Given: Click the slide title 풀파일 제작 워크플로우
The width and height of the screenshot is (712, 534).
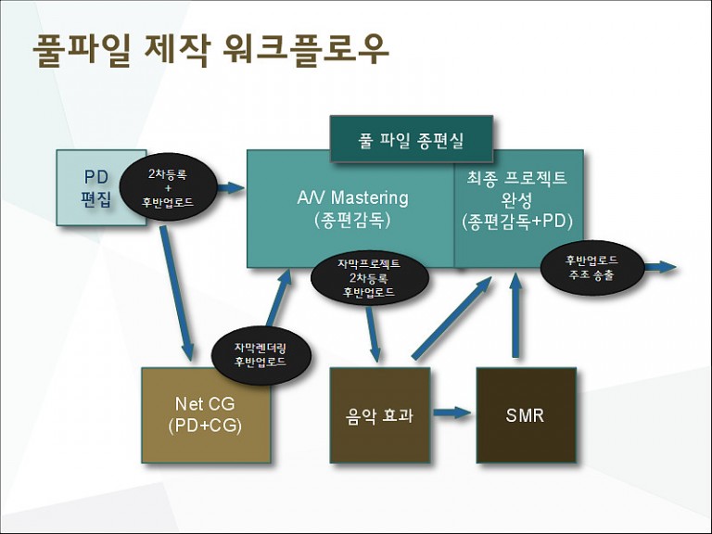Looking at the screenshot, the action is [x=210, y=50].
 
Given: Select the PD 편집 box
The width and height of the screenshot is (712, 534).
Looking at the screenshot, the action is [x=101, y=188].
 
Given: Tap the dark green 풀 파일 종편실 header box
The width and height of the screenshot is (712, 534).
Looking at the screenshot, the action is [x=412, y=139].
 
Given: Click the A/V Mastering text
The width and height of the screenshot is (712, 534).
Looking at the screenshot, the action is [x=352, y=198].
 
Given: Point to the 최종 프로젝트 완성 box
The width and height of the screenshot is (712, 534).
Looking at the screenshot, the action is [x=518, y=209].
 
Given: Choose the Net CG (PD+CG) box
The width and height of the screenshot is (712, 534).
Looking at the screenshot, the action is [x=206, y=415].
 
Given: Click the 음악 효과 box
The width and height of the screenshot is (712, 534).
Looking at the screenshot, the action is [x=379, y=415].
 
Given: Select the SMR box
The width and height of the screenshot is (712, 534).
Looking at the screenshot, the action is [x=527, y=415].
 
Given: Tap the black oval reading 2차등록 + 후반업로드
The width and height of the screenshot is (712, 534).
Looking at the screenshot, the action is [x=168, y=187].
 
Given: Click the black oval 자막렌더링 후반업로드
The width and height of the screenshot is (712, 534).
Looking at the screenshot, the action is [x=261, y=355].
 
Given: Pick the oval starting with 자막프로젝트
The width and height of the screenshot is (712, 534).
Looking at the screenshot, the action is [x=369, y=277].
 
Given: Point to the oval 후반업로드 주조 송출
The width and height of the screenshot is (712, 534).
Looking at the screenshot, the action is [x=591, y=267].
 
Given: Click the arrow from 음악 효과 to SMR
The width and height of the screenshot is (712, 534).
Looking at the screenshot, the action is [x=451, y=413].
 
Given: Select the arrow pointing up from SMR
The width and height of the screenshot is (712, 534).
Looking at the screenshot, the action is [x=515, y=314].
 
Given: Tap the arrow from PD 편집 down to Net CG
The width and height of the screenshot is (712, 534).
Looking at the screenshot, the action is [x=177, y=293].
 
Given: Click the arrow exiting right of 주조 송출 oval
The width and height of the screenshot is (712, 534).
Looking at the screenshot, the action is [x=661, y=267].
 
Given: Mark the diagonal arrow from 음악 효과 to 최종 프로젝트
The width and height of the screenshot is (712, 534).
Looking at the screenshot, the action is [x=451, y=318].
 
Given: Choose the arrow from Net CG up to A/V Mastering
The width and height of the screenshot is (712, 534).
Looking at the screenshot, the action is [x=279, y=298].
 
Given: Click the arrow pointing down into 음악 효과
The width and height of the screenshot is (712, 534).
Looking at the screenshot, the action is [x=373, y=335].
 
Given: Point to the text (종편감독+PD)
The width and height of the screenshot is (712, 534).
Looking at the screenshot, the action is [x=517, y=222].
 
